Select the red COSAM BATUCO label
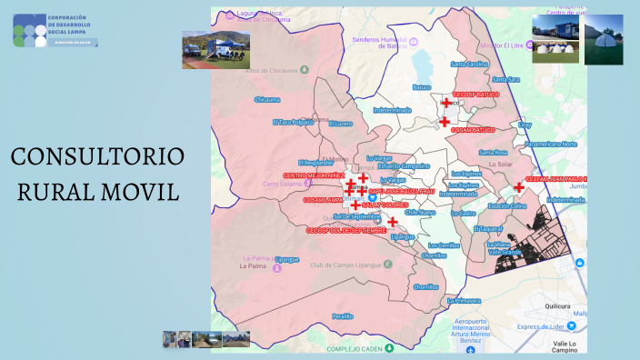click(473, 130)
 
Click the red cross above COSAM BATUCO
click(445, 121)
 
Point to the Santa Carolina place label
click(470, 65)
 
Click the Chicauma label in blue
click(267, 99)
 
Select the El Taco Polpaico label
click(293, 121)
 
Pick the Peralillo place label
click(343, 315)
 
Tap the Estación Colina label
click(507, 206)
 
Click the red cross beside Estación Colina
click(518, 187)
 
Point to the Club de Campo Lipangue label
click(345, 265)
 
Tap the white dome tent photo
click(604, 39)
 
